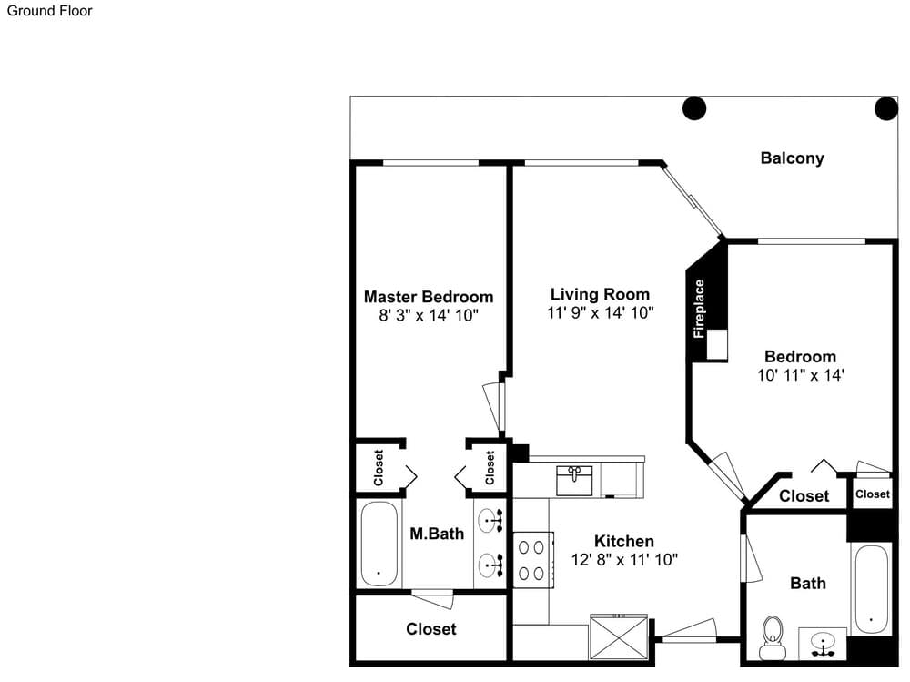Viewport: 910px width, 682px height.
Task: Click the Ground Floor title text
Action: point(49,11)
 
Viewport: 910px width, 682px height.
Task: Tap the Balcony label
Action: point(793,158)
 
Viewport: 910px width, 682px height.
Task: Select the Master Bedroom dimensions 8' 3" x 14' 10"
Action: point(429,315)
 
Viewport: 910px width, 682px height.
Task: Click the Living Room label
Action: point(600,294)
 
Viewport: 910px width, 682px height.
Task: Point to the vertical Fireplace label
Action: point(699,309)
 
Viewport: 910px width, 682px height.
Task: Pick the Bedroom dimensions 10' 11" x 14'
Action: point(800,375)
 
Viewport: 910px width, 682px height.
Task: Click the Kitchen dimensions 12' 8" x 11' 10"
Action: point(624,559)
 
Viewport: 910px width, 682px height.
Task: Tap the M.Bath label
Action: point(437,534)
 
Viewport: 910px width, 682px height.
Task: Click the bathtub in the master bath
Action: point(379,544)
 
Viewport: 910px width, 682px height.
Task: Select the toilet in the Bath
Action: point(773,638)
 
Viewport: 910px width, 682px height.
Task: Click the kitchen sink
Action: point(574,481)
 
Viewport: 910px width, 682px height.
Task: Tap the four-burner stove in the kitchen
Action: point(532,560)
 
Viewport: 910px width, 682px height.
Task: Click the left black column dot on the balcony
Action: point(694,108)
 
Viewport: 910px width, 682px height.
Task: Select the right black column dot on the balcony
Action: point(886,108)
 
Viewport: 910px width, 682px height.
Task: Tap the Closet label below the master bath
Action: point(431,629)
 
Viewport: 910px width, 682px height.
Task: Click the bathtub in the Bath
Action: point(871,589)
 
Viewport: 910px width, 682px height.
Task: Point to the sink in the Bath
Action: point(823,643)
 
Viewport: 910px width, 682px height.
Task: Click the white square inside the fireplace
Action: point(717,344)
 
